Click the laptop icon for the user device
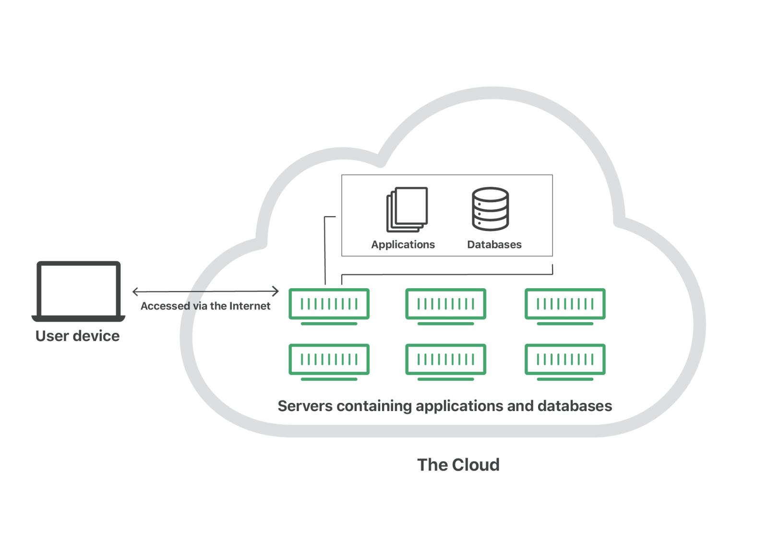pyautogui.click(x=78, y=291)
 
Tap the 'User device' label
pyautogui.click(x=78, y=336)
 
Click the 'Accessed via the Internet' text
pyautogui.click(x=205, y=306)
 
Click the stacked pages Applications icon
pyautogui.click(x=407, y=209)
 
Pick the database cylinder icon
pyautogui.click(x=490, y=209)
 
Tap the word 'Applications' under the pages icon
pyautogui.click(x=403, y=244)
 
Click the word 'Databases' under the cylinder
pyautogui.click(x=494, y=244)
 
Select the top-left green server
pyautogui.click(x=329, y=304)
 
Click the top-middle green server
pyautogui.click(x=445, y=304)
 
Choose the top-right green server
pyautogui.click(x=565, y=304)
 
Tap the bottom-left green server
pyautogui.click(x=329, y=360)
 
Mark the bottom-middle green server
pyautogui.click(x=445, y=360)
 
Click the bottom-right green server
pyautogui.click(x=565, y=360)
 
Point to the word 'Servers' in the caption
pyautogui.click(x=305, y=406)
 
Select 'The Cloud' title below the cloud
pyautogui.click(x=458, y=465)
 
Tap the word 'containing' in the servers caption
pyautogui.click(x=374, y=406)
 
